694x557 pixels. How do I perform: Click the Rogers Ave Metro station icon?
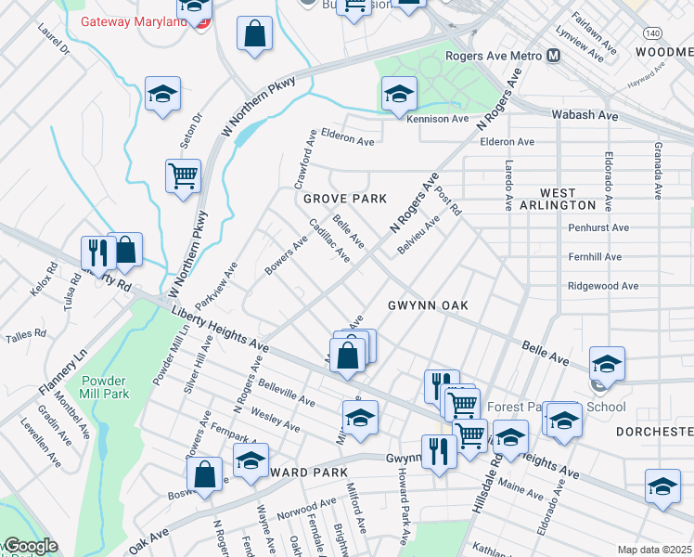554,56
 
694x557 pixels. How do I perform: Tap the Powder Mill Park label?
104,387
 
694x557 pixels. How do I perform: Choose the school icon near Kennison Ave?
399,94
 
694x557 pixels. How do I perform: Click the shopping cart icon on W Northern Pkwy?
184,175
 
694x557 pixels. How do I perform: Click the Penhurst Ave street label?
598,227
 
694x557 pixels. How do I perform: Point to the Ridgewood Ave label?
603,286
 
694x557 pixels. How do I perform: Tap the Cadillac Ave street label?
329,239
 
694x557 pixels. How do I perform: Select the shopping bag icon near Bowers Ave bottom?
205,473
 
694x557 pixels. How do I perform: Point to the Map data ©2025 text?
653,550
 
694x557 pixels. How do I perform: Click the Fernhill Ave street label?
598,257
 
